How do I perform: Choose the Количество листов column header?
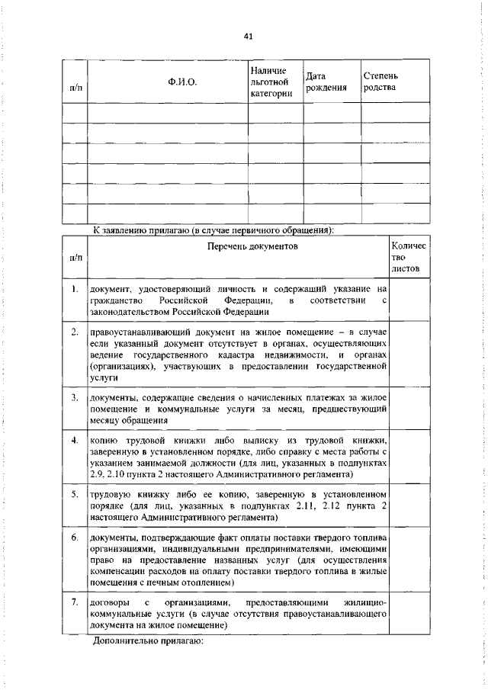click(409, 258)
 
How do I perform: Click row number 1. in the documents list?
click(75, 289)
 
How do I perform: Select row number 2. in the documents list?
click(75, 332)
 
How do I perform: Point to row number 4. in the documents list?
click(75, 441)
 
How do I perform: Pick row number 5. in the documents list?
click(75, 494)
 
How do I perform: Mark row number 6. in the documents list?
click(75, 538)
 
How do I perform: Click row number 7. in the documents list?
click(75, 602)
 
